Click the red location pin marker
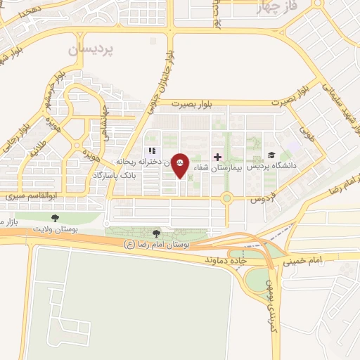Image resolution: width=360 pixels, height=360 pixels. [180, 165]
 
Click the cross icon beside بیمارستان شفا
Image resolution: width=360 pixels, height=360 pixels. [217, 157]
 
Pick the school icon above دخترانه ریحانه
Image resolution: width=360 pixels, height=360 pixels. [150, 151]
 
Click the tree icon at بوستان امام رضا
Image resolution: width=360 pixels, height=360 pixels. [156, 233]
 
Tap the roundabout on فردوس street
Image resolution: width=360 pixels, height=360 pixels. [226, 198]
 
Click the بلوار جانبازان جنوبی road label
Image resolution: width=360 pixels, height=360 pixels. [159, 70]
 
